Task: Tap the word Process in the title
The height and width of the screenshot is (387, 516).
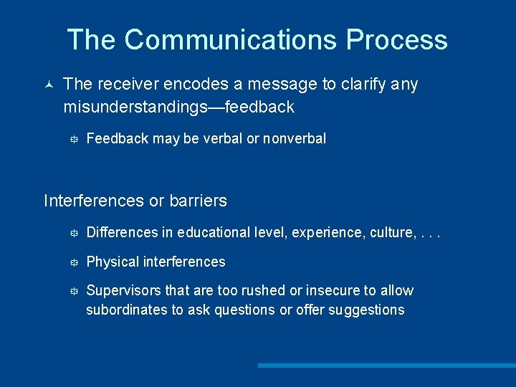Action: [x=397, y=39]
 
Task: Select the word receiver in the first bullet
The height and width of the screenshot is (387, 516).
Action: [x=128, y=85]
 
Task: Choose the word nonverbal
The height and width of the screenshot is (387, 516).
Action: [x=295, y=138]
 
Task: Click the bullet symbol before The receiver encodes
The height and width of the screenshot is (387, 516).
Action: [x=48, y=85]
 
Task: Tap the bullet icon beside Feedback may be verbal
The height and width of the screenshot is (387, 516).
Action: [x=72, y=138]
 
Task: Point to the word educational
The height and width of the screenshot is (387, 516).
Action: [x=215, y=232]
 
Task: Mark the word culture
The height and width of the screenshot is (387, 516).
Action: [x=391, y=232]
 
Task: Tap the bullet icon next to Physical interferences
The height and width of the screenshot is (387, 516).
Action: [x=72, y=262]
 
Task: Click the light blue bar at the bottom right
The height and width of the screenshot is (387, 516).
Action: [x=387, y=365]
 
